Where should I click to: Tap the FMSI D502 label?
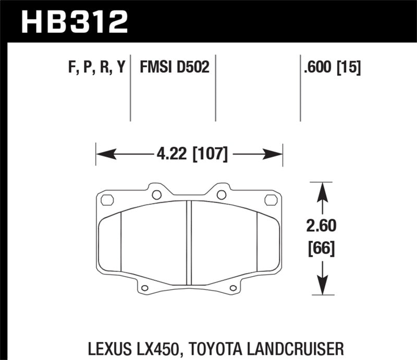coord(174,67)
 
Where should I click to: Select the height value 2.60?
coord(323,226)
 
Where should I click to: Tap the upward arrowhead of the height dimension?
coord(323,191)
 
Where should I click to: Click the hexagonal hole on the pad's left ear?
coord(107,200)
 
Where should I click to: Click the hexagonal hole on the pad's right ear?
coord(271,200)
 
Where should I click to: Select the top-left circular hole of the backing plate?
coord(156,195)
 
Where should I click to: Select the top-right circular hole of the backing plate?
coord(221,195)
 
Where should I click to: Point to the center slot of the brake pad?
coord(189,235)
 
